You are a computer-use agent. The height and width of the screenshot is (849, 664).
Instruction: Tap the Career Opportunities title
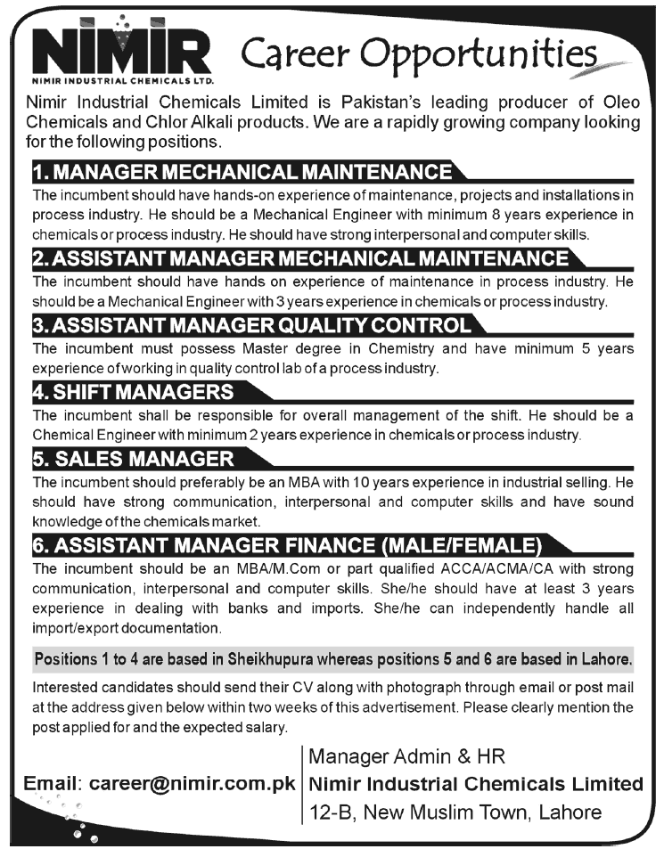[x=419, y=57]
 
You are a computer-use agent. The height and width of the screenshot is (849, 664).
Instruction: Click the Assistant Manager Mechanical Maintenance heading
[x=299, y=258]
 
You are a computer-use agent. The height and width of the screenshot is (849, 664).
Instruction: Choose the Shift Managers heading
[x=133, y=391]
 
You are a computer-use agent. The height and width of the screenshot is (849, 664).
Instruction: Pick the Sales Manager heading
[x=133, y=459]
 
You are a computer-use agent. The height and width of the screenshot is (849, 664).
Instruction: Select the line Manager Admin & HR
[x=406, y=757]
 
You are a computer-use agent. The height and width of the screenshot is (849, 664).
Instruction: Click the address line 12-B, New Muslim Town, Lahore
[x=455, y=812]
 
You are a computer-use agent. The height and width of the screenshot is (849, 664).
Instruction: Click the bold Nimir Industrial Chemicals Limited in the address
[x=477, y=784]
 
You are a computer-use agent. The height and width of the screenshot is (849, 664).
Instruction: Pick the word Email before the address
[x=52, y=785]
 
